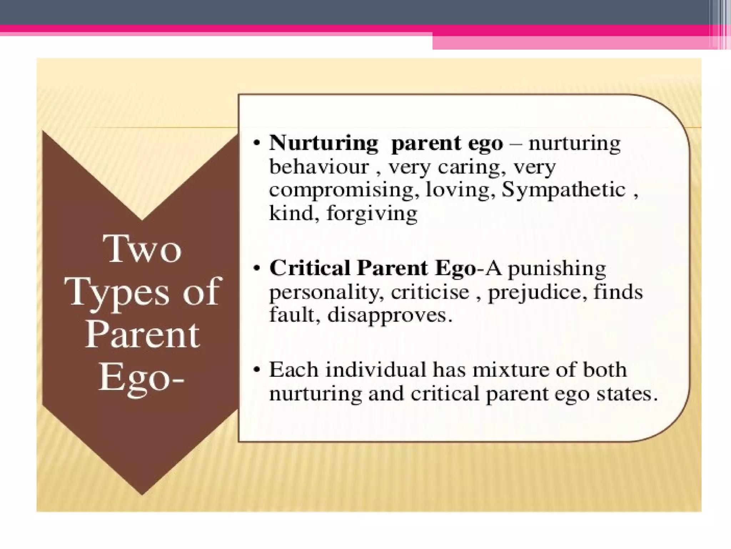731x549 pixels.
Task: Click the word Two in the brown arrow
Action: (x=142, y=249)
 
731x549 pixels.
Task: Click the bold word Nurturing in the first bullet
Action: (x=323, y=143)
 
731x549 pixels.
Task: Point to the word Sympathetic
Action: (x=564, y=190)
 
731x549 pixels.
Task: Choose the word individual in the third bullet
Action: (x=376, y=370)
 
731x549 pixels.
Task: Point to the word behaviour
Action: (x=319, y=167)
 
